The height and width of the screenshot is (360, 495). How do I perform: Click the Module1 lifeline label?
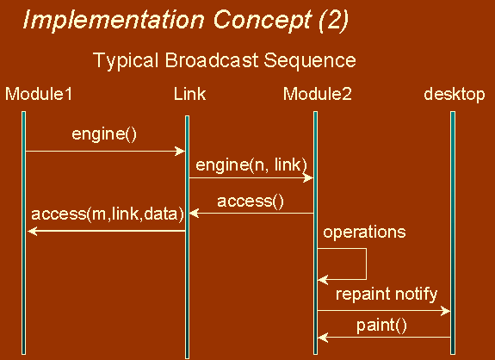tap(39, 94)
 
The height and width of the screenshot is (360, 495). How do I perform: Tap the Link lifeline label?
tap(189, 94)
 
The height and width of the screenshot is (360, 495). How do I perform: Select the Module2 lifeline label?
tap(318, 94)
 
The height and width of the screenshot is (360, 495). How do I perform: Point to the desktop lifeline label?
tap(455, 95)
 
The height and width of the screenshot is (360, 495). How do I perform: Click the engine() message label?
tap(104, 134)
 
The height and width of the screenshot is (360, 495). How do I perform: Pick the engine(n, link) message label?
tap(251, 164)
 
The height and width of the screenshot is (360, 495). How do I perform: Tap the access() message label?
tap(251, 202)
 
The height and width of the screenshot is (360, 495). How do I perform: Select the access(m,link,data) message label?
tap(108, 214)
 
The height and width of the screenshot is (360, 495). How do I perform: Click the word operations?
tap(364, 233)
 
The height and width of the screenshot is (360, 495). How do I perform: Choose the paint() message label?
tap(381, 326)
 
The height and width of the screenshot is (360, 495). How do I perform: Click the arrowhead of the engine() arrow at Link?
tap(180, 152)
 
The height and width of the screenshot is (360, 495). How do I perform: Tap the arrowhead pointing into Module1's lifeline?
tap(33, 231)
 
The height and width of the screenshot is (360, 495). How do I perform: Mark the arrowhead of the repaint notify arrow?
tap(445, 311)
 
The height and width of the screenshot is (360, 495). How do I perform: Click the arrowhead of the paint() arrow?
tap(323, 338)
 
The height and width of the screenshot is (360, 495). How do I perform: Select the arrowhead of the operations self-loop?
tap(323, 279)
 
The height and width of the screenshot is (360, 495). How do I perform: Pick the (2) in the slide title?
tap(334, 21)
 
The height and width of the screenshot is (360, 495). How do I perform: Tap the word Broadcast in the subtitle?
tap(212, 60)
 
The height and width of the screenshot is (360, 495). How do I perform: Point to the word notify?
tap(416, 295)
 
